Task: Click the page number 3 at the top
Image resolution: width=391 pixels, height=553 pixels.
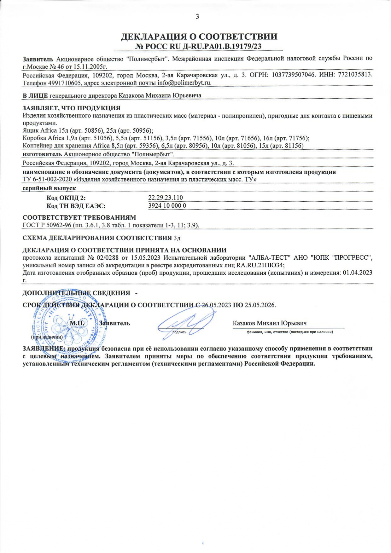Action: (x=197, y=17)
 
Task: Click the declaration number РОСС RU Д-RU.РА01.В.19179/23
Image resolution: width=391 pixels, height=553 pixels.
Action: (x=198, y=46)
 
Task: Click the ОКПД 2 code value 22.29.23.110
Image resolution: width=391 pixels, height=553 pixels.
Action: (x=166, y=198)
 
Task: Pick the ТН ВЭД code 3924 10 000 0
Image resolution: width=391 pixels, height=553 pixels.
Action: (x=167, y=206)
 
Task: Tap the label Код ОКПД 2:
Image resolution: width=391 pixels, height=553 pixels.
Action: (x=66, y=198)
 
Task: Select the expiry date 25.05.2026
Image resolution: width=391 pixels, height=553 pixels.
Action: (x=260, y=305)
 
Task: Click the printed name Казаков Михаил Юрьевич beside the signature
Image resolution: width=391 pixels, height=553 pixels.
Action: (x=270, y=323)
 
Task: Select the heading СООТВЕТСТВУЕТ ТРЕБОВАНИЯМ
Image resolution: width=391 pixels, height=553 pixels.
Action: (x=79, y=218)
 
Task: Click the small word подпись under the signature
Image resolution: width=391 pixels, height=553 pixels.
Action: (x=179, y=332)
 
